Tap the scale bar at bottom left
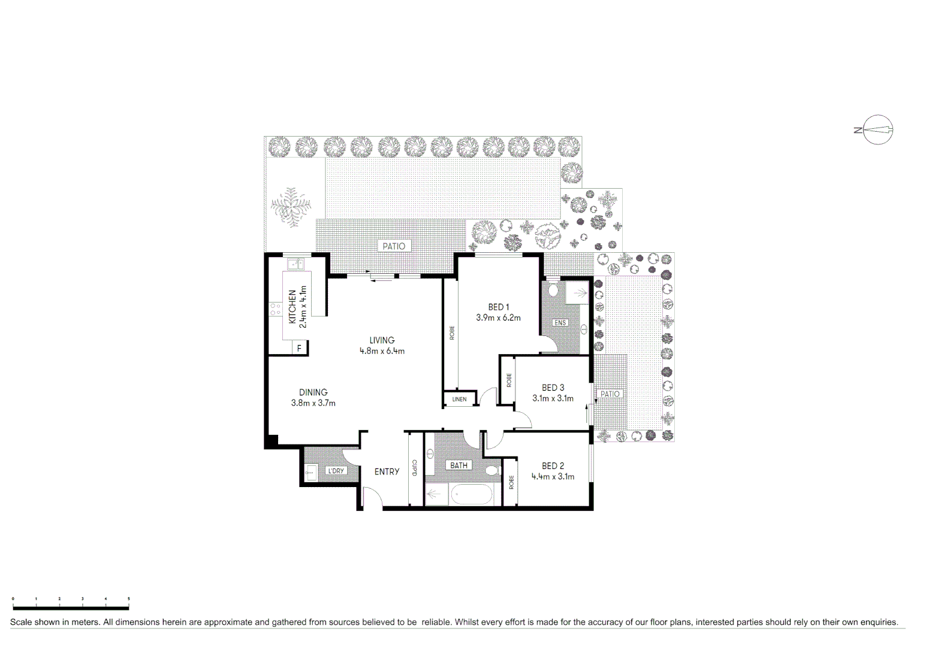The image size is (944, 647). tap(70, 608)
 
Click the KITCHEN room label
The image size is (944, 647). tap(292, 307)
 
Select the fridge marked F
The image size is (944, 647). tap(299, 348)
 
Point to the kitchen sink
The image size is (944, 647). tap(295, 264)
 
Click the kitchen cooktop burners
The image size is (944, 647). tap(275, 309)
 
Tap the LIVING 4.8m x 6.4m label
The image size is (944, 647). tap(382, 346)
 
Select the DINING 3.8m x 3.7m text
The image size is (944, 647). tap(313, 398)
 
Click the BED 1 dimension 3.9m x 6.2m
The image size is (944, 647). tap(498, 318)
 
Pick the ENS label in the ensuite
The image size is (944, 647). tap(560, 323)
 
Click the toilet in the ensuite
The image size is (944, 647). tap(553, 290)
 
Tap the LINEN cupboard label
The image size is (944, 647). tap(459, 399)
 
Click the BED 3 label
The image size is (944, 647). tap(553, 388)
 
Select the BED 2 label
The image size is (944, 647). tap(553, 465)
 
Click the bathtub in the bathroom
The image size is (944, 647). tap(472, 496)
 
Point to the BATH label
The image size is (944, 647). tap(459, 465)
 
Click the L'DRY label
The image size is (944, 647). tap(336, 471)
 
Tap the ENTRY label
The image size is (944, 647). tap(387, 471)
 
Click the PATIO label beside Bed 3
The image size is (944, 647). tap(610, 394)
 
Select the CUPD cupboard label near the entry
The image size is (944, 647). tap(414, 468)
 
